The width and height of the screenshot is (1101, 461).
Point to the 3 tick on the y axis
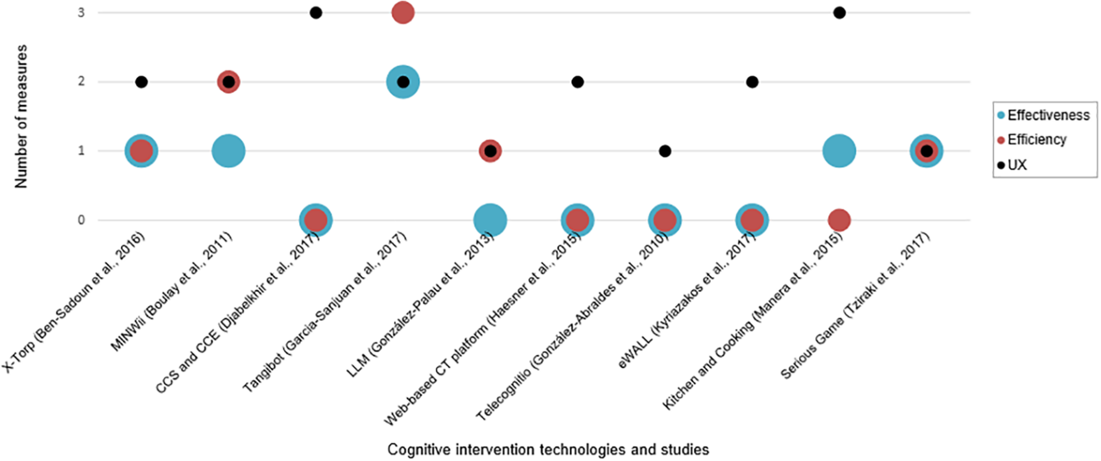(81, 13)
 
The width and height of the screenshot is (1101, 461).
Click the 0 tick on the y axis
(81, 220)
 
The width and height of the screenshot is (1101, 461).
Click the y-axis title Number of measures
(21, 116)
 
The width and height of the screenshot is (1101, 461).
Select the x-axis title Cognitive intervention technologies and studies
(548, 450)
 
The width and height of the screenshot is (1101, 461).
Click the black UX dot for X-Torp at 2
(141, 82)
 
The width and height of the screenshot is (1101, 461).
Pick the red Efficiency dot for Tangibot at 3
(403, 13)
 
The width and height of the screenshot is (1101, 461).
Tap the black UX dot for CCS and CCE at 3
(316, 13)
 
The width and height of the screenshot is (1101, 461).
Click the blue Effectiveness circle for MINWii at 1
(229, 151)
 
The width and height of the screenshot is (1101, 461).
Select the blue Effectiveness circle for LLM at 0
(490, 220)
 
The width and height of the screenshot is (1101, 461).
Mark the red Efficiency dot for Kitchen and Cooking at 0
(839, 220)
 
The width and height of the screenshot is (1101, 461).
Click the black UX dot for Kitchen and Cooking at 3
(839, 13)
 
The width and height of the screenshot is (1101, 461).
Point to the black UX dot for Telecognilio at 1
(665, 151)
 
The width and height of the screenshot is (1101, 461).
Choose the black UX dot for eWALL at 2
(752, 82)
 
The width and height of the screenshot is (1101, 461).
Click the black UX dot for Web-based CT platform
(577, 82)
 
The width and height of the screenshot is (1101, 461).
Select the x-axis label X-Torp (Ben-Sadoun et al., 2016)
(74, 302)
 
